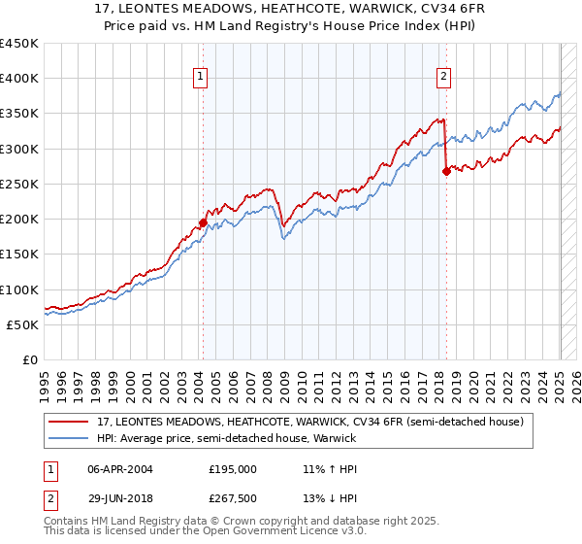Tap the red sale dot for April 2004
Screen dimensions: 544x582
(x=203, y=222)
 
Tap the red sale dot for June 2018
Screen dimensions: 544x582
(x=446, y=171)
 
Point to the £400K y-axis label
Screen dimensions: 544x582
(x=18, y=79)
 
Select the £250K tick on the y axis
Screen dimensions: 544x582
(x=18, y=184)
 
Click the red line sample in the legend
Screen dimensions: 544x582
(x=70, y=422)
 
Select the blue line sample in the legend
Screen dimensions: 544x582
(x=70, y=438)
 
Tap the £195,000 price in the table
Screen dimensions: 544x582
(x=233, y=468)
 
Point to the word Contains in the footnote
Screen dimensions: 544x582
(x=68, y=523)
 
